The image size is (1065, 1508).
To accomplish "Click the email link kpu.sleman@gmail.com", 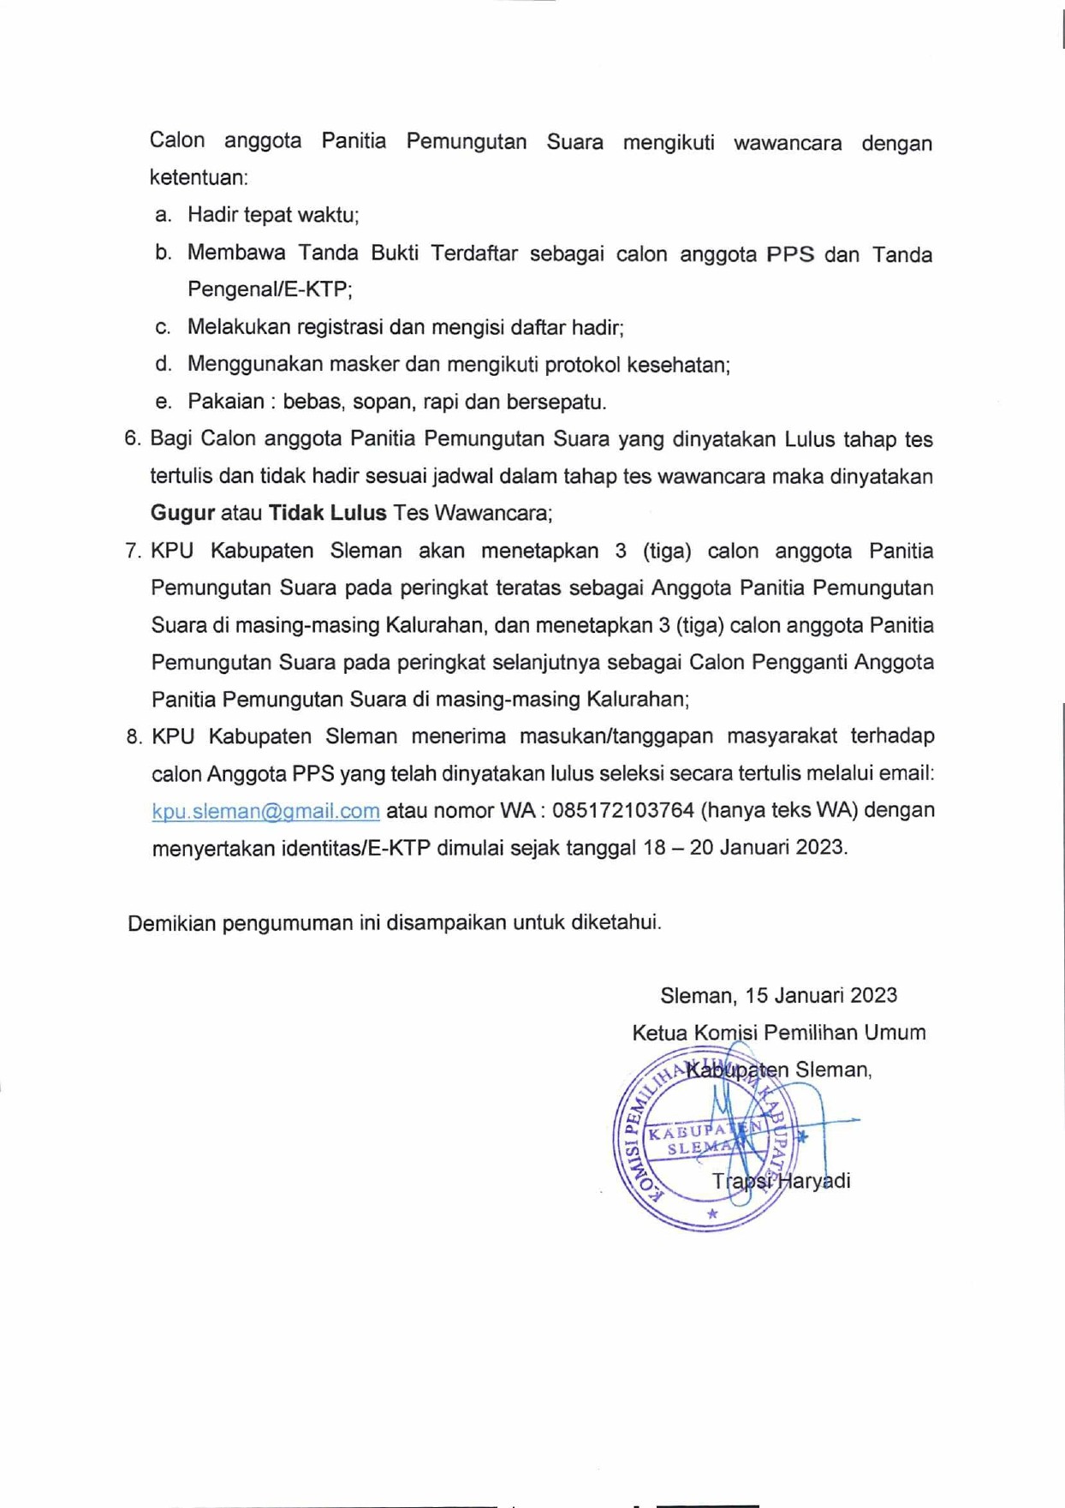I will click(x=265, y=811).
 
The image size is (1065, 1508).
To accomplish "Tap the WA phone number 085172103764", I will click(x=622, y=811).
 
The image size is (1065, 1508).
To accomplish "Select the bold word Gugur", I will click(x=182, y=513).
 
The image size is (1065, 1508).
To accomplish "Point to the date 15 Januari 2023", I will click(x=820, y=995).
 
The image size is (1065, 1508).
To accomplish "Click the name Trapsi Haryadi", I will click(x=781, y=1181).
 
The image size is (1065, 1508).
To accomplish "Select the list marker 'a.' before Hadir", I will click(x=163, y=215).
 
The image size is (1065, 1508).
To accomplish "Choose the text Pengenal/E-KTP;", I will click(x=270, y=289).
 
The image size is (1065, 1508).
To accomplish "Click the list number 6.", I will click(x=132, y=438).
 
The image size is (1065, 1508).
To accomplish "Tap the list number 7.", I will click(x=132, y=551).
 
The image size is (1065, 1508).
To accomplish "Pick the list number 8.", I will click(x=133, y=736).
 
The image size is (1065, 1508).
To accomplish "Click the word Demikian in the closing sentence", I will click(x=171, y=923).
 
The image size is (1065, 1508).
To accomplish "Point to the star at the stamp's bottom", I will click(x=712, y=1213).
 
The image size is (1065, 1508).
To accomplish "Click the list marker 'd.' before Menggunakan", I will click(x=163, y=365).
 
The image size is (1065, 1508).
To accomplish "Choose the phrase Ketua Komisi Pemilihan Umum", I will click(x=778, y=1033).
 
